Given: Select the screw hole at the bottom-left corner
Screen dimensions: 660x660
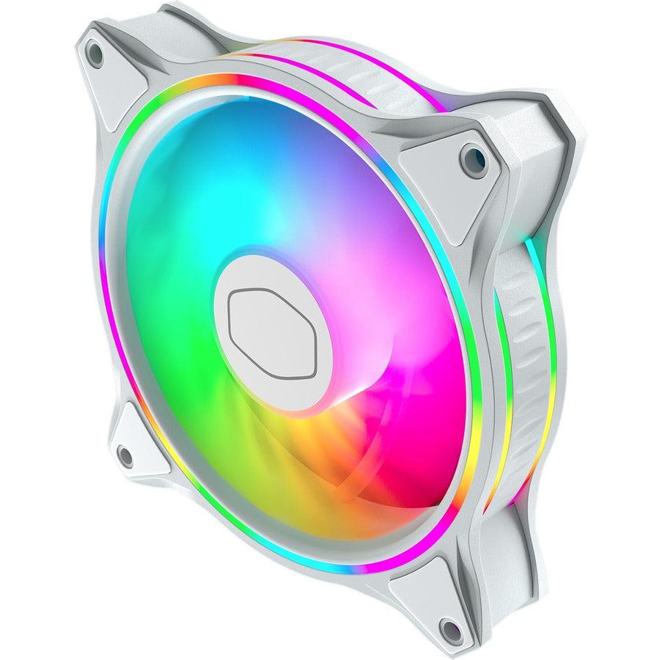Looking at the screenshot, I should click(x=125, y=456).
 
